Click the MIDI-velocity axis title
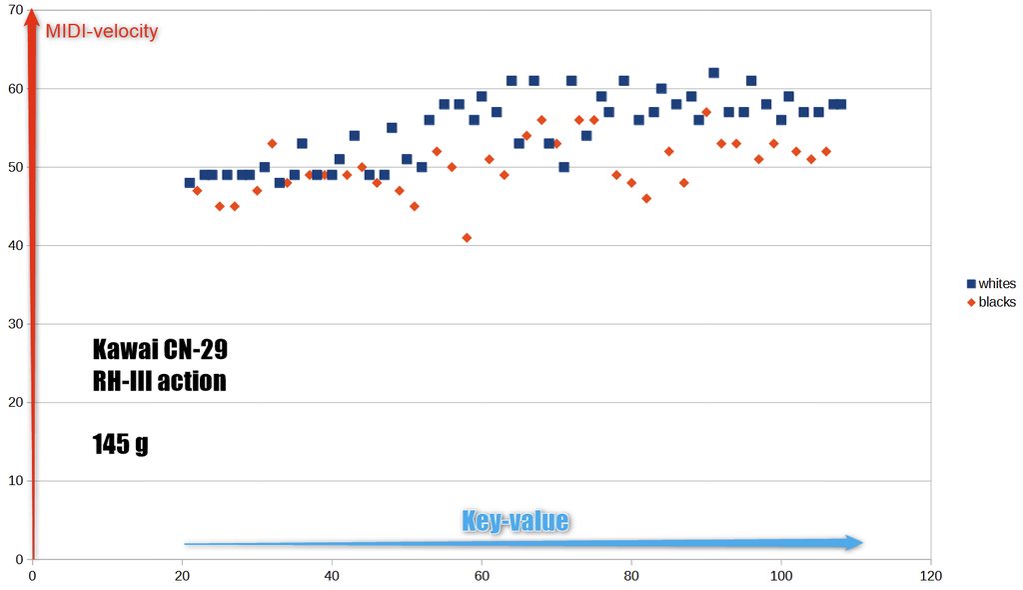102,31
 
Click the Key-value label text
514,521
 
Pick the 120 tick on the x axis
931,576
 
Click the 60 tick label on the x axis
482,576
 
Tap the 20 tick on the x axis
182,576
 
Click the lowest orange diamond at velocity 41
467,238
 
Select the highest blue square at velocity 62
713,73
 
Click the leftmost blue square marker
190,183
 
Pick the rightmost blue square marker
840,104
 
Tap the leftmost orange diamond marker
197,190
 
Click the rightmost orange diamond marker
826,151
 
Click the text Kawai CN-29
160,350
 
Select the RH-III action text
159,381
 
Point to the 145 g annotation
120,443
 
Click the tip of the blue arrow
861,542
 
